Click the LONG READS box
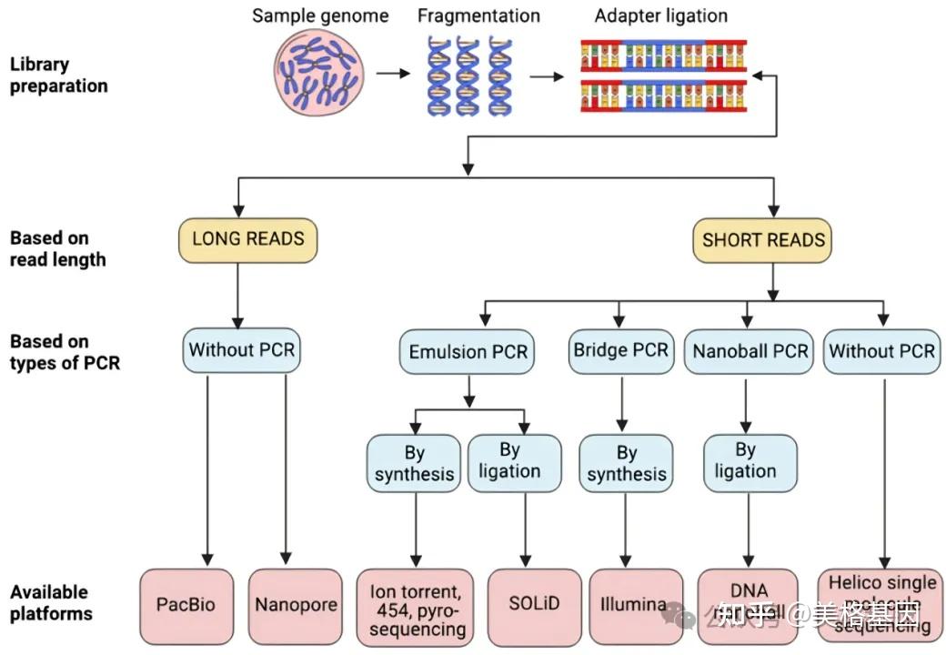248,240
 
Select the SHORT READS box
763,240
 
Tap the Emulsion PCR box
468,351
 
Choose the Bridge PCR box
620,351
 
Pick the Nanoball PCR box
750,351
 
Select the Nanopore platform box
296,605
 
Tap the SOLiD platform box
534,605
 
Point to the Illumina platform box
635,605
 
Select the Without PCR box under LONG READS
241,350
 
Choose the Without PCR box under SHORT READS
881,351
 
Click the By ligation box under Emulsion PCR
515,461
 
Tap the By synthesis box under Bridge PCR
627,463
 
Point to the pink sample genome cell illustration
319,74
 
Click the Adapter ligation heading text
662,15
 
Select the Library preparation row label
58,76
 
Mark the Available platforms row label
51,602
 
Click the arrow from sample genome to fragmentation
393,74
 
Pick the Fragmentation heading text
478,15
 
